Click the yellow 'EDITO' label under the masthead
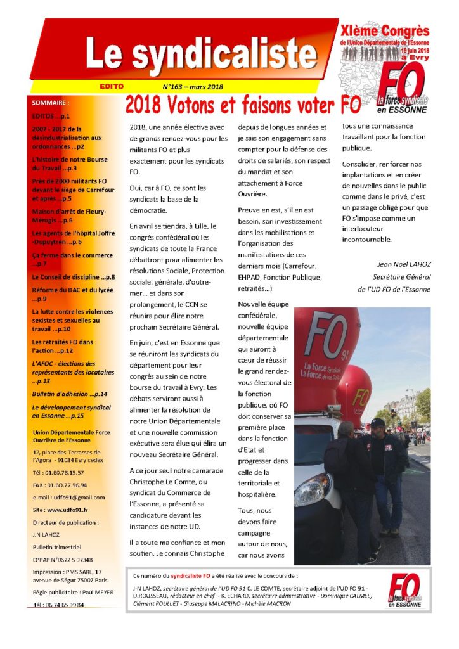pos(111,86)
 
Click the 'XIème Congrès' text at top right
pos(393,31)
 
